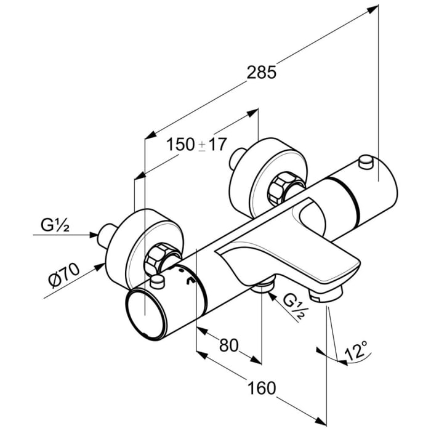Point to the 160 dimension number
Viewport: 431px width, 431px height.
coord(262,388)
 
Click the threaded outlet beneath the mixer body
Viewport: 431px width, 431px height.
coord(264,286)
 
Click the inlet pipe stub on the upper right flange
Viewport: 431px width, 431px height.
coord(235,158)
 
